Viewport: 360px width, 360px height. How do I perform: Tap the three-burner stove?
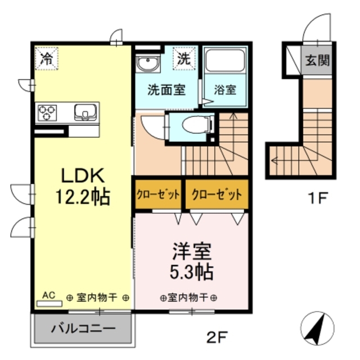pyautogui.click(x=47, y=111)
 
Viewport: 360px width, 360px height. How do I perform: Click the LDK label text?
pyautogui.click(x=82, y=176)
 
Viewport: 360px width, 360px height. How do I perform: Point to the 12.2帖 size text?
pyautogui.click(x=82, y=196)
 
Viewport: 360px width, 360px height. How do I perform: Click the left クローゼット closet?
pyautogui.click(x=158, y=195)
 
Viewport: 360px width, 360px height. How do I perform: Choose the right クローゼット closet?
pyautogui.click(x=216, y=195)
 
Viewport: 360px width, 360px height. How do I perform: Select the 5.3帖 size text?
pyautogui.click(x=191, y=272)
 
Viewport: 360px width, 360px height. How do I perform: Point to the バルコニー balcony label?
pyautogui.click(x=84, y=328)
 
